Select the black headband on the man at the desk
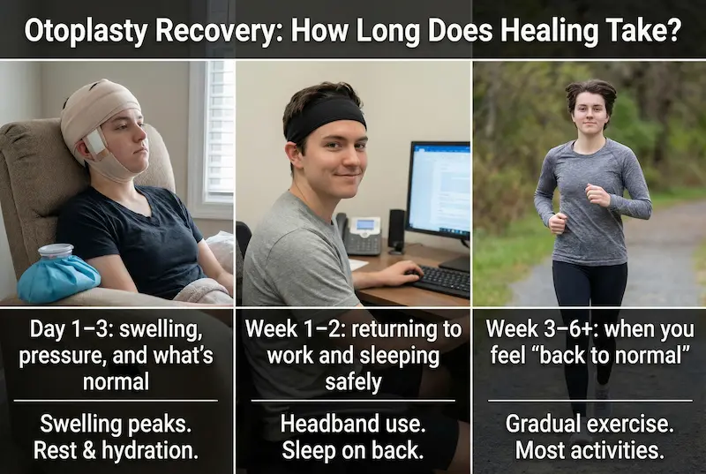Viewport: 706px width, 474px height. (325, 117)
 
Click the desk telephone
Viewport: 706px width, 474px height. (363, 235)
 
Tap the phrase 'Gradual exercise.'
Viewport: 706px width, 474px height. (588, 424)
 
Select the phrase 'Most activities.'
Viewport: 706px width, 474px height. (588, 450)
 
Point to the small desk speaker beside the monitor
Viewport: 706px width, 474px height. (396, 230)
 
